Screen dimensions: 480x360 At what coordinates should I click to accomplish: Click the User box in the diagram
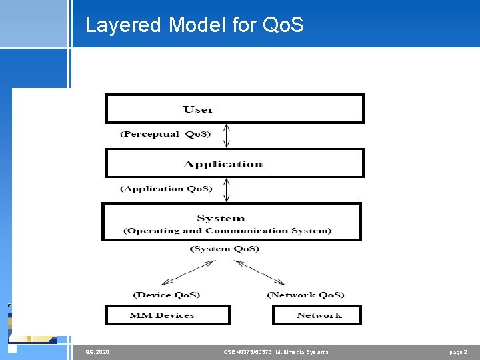click(x=234, y=109)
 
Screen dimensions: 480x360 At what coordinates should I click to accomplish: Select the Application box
click(x=234, y=163)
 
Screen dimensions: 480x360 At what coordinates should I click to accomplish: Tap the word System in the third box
click(x=221, y=218)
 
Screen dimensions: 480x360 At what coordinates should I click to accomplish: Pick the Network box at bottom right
click(x=317, y=315)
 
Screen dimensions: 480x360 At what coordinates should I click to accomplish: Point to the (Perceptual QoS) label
click(x=165, y=134)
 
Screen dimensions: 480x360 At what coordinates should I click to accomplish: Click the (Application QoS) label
click(x=166, y=189)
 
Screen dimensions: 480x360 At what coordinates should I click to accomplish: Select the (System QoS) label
click(x=225, y=249)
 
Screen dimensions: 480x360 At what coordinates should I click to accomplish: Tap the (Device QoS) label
click(x=166, y=294)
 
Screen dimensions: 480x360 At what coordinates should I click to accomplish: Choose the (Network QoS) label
click(x=305, y=294)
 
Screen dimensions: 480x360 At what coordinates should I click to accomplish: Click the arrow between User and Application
click(x=227, y=136)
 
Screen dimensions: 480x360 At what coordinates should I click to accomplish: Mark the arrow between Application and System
click(x=227, y=190)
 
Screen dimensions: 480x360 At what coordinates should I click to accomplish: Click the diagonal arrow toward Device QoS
click(x=189, y=272)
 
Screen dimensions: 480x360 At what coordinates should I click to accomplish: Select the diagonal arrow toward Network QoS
click(x=261, y=272)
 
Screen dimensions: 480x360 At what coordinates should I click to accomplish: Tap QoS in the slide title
click(x=283, y=25)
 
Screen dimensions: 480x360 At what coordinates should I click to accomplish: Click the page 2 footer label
click(x=459, y=351)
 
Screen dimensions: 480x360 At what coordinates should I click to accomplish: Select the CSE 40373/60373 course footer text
click(x=276, y=351)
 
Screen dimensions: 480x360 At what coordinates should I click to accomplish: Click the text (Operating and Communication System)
click(x=227, y=231)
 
